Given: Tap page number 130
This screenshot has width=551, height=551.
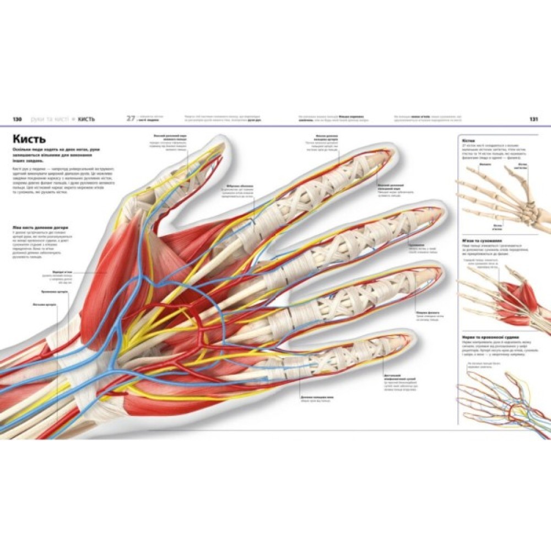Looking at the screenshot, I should (x=17, y=119).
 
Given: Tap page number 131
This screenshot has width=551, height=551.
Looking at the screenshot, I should (x=533, y=119).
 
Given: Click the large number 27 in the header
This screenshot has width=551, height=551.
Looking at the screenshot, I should (x=131, y=118).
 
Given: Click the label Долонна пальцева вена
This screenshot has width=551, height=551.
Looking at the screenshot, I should (x=316, y=397).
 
